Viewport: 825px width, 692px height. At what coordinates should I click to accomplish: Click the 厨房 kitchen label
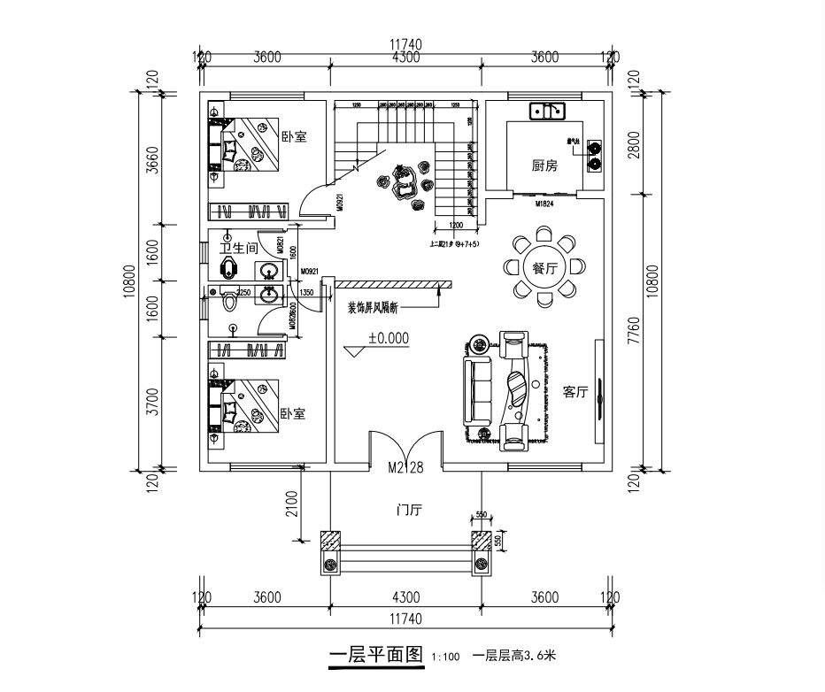point(544,165)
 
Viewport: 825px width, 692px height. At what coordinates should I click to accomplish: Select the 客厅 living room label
point(575,392)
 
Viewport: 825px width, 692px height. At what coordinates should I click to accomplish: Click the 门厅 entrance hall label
point(409,511)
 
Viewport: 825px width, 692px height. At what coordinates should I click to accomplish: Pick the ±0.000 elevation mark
point(389,337)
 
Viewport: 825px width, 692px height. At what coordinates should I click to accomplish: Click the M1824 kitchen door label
point(544,204)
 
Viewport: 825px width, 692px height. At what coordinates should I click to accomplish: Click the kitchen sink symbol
point(548,111)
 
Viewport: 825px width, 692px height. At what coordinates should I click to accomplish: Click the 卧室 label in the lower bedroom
point(292,414)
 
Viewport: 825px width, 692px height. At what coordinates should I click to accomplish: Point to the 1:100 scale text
point(445,657)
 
